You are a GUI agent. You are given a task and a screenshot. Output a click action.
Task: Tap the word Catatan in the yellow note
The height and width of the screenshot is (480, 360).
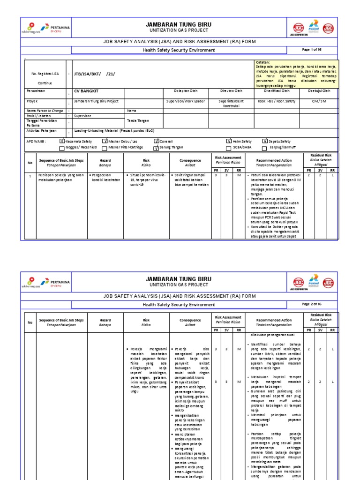pyautogui.click(x=262, y=62)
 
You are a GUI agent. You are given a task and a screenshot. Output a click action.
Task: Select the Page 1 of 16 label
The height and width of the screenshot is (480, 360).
pyautogui.click(x=312, y=50)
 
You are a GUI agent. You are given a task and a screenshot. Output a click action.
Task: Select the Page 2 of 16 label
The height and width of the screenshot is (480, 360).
pyautogui.click(x=312, y=304)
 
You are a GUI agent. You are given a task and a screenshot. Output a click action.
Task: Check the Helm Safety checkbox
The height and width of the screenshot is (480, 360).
pyautogui.click(x=229, y=141)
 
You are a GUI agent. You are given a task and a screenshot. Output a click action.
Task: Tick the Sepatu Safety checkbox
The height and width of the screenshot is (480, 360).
pyautogui.click(x=265, y=141)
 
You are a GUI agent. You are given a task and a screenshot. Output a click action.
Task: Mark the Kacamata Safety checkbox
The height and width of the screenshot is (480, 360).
pyautogui.click(x=62, y=141)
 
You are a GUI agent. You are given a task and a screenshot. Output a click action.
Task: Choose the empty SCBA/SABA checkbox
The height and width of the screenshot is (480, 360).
pyautogui.click(x=229, y=147)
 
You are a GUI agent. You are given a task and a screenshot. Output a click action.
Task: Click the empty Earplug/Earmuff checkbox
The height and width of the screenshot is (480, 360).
pyautogui.click(x=265, y=147)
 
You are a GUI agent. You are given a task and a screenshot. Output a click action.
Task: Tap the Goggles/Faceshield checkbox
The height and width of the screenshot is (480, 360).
pyautogui.click(x=62, y=147)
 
